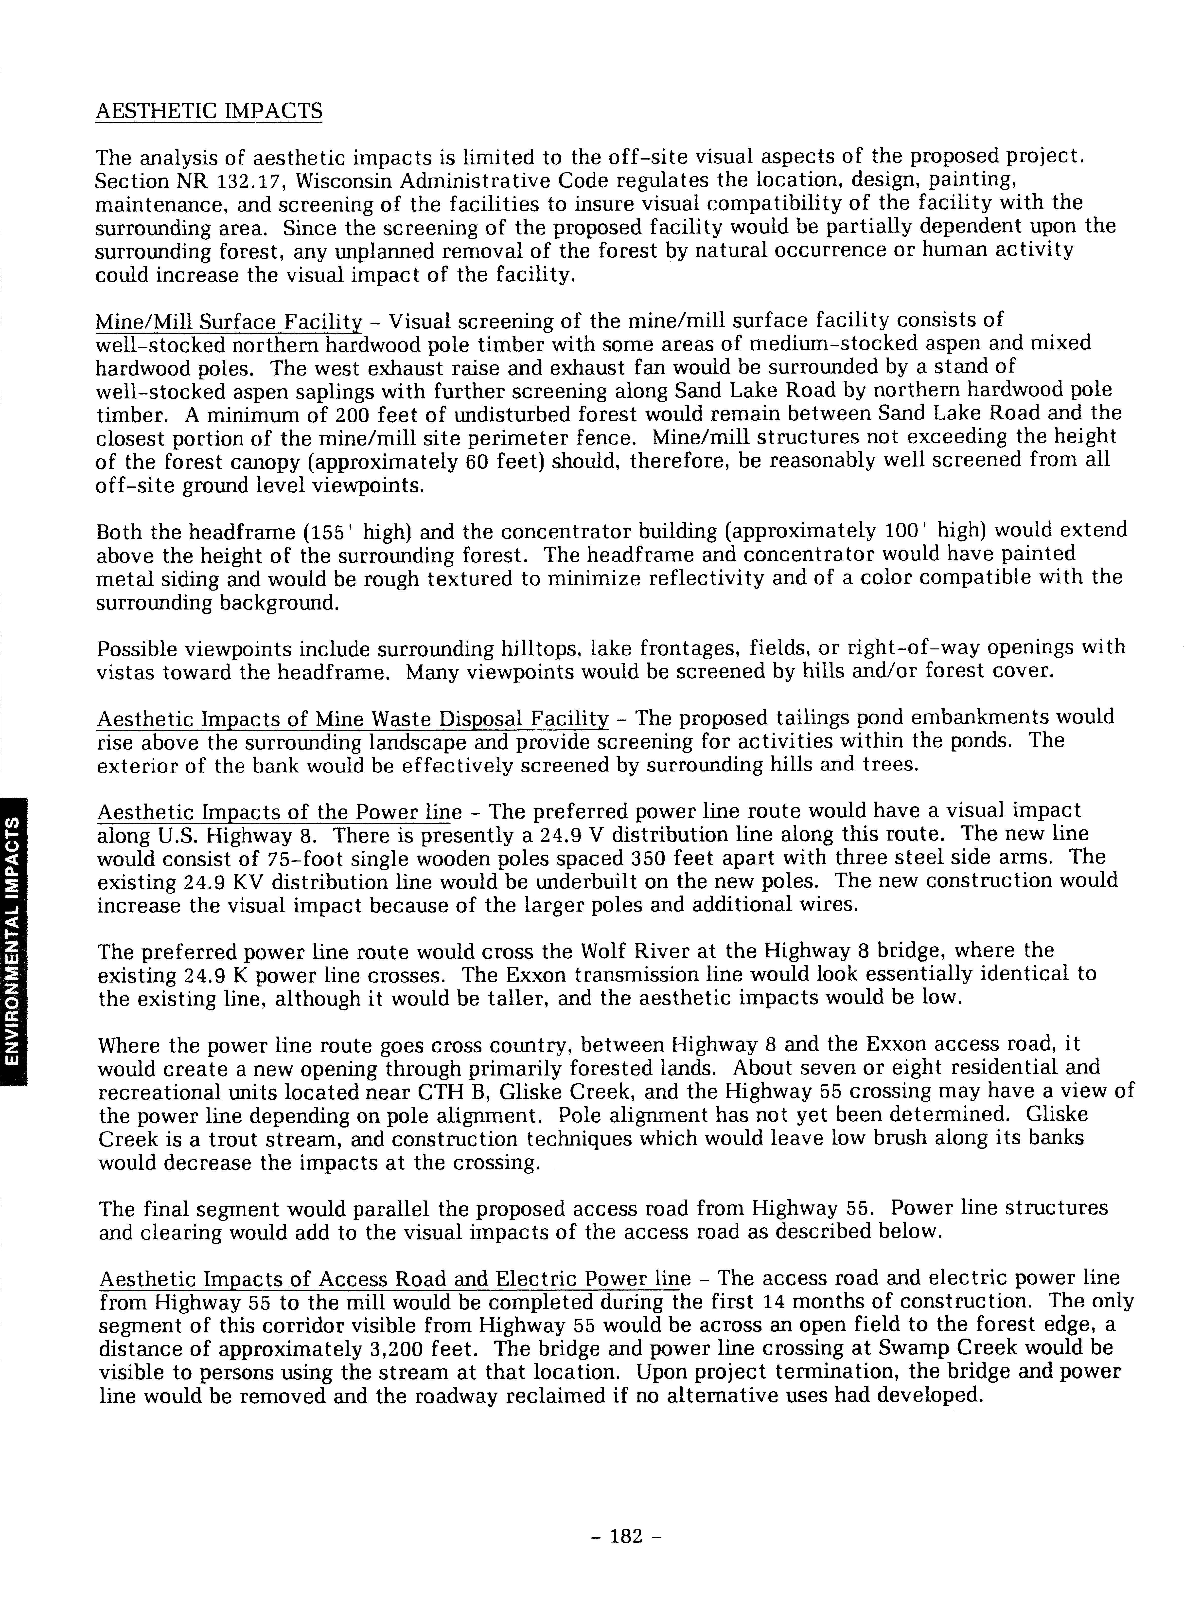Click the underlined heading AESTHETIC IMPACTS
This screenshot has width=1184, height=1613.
pyautogui.click(x=209, y=111)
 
